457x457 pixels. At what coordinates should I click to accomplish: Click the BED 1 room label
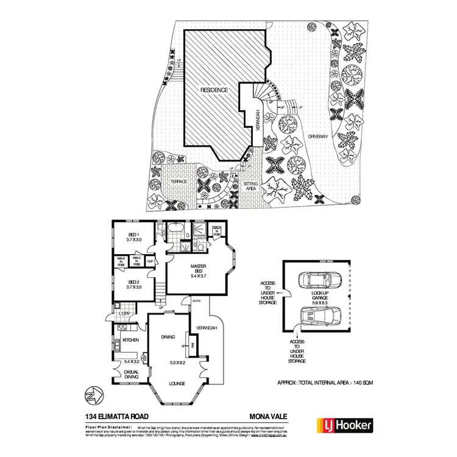(x=133, y=236)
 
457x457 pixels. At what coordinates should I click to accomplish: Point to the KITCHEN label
(x=131, y=340)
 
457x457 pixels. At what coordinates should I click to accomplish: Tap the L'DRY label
(x=125, y=314)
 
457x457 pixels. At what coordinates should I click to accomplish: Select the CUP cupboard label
(x=149, y=261)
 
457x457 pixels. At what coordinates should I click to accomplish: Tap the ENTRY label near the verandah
(x=197, y=301)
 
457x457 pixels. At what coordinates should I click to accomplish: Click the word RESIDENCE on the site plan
(x=215, y=90)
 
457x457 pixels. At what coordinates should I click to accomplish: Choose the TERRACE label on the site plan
(x=178, y=182)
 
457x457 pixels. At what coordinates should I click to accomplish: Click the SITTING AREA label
(x=250, y=186)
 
